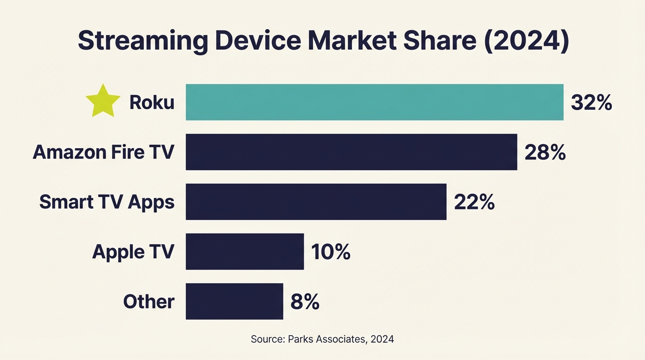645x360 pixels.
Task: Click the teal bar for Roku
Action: click(x=374, y=102)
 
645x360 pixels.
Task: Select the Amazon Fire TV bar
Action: click(x=351, y=152)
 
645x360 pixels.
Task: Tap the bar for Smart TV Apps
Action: click(x=316, y=202)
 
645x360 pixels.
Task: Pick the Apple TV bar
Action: click(x=245, y=251)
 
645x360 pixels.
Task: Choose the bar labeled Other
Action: click(x=234, y=301)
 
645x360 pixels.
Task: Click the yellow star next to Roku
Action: click(x=103, y=101)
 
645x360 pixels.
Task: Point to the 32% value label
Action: click(x=591, y=103)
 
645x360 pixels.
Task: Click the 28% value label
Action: click(x=545, y=152)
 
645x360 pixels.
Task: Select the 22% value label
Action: click(x=474, y=202)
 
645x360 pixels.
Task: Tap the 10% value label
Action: click(x=330, y=252)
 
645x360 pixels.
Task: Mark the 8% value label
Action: click(x=305, y=301)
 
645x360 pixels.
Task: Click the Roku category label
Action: click(x=151, y=103)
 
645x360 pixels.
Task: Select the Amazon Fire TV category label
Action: click(x=104, y=152)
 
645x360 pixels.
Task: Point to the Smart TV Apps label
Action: click(x=107, y=202)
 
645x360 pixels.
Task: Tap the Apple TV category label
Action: click(x=133, y=252)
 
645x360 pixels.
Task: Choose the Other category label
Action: click(x=149, y=301)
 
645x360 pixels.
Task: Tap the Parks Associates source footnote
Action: click(x=322, y=339)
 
